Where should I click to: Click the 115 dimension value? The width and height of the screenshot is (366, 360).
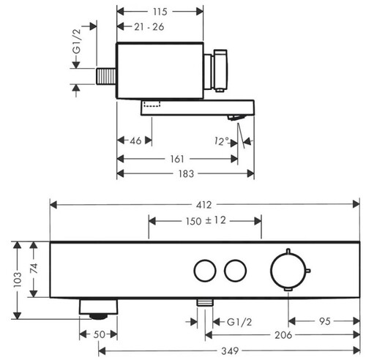(160, 12)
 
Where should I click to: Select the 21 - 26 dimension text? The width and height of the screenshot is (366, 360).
(149, 27)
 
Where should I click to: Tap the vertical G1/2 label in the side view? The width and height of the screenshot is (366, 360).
(77, 41)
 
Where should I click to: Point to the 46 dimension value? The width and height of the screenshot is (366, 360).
(135, 140)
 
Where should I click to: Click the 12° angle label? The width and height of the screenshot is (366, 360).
(222, 141)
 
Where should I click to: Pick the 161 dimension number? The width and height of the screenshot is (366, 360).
(177, 159)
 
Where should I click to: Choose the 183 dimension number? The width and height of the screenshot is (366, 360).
(186, 173)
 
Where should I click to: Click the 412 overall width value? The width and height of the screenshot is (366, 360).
(203, 205)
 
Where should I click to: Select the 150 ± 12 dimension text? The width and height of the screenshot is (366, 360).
(206, 221)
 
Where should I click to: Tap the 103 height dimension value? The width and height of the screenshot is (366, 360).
(18, 280)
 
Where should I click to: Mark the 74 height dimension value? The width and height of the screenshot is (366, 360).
(34, 269)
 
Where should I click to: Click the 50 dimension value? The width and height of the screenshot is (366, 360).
(100, 334)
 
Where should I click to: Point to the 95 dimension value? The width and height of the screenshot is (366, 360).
(325, 321)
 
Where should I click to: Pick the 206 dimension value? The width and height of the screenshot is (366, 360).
(283, 335)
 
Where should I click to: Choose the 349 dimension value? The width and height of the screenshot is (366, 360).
(230, 351)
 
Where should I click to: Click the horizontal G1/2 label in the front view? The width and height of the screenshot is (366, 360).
(239, 322)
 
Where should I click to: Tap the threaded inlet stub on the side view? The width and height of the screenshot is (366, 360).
(106, 76)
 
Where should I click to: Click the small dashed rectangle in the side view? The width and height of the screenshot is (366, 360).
(152, 104)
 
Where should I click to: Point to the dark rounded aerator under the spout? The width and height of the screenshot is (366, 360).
(98, 316)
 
